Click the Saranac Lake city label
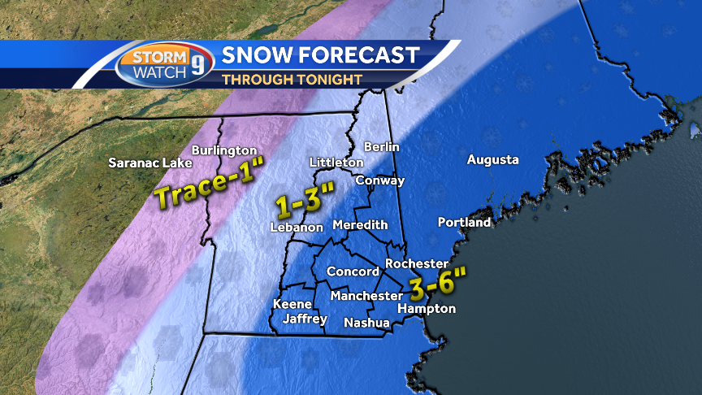click(x=150, y=163)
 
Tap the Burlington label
click(x=224, y=150)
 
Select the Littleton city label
click(x=336, y=163)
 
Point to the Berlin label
click(x=381, y=146)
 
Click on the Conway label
click(x=380, y=180)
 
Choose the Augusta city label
click(x=492, y=160)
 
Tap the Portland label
click(x=464, y=222)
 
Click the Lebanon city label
click(x=297, y=228)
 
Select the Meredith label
click(x=360, y=224)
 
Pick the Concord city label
click(x=353, y=271)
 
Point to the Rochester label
click(x=417, y=263)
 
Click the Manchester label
click(x=366, y=296)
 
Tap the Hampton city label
click(x=427, y=309)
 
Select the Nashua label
click(x=366, y=323)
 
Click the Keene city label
click(x=292, y=304)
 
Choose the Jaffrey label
click(x=305, y=319)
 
